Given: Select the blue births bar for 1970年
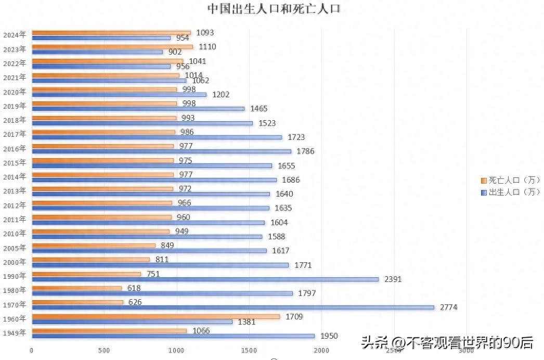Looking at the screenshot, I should (232, 307).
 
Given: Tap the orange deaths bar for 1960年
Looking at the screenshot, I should (156, 316).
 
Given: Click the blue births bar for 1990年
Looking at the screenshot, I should (205, 279).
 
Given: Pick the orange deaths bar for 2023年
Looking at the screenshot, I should (112, 47).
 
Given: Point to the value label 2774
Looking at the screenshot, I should (448, 307).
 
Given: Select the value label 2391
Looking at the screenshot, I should (393, 279).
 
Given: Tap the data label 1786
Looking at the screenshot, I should (305, 151).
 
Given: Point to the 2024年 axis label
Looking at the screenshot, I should (15, 35).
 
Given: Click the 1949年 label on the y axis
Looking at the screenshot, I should (15, 333).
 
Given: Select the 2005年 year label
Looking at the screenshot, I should (15, 248).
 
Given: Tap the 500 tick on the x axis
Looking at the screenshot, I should (104, 351).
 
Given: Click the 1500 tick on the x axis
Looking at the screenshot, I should (249, 351).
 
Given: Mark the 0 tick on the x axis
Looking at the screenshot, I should (32, 351).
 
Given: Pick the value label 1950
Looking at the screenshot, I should (329, 336).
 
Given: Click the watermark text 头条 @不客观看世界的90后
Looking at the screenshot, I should (447, 342).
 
